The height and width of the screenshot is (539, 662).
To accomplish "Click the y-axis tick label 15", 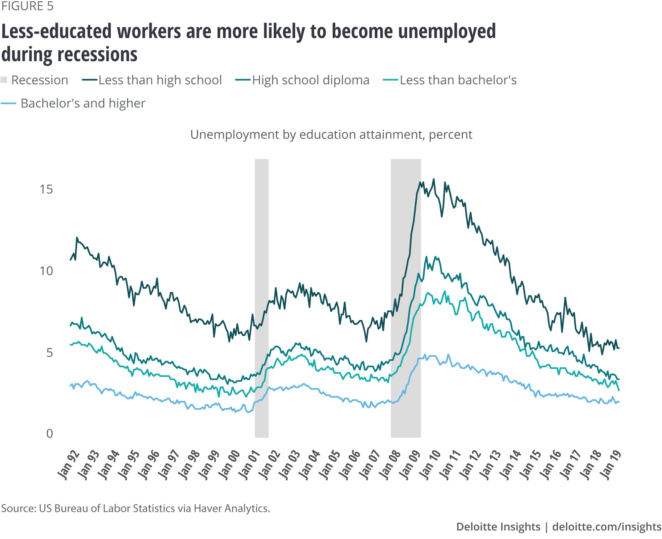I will pos(46,189).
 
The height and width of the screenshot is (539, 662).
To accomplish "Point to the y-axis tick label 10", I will pos(46,271).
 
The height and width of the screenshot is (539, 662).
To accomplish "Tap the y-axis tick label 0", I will pos(49,433).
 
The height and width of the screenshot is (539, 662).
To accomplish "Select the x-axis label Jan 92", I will pos(69,464).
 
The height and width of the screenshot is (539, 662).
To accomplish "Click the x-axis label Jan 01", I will pos(250,464).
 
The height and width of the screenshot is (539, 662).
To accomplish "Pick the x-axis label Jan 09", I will pos(410,464).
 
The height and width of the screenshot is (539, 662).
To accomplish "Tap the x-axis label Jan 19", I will pos(611,464).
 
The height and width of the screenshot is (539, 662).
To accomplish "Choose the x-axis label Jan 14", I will pos(511,464).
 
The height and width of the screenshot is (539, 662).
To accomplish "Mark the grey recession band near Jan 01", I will pos(261,298).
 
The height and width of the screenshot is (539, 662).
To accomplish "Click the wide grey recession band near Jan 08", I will pos(405,298).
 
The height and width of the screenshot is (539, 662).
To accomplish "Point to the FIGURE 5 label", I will pos(27,7).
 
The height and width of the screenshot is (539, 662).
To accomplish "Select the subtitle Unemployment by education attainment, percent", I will pos(331,135).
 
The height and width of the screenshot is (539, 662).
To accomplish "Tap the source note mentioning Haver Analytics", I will pos(136,508).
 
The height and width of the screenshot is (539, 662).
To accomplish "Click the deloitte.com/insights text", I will pos(607,527).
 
